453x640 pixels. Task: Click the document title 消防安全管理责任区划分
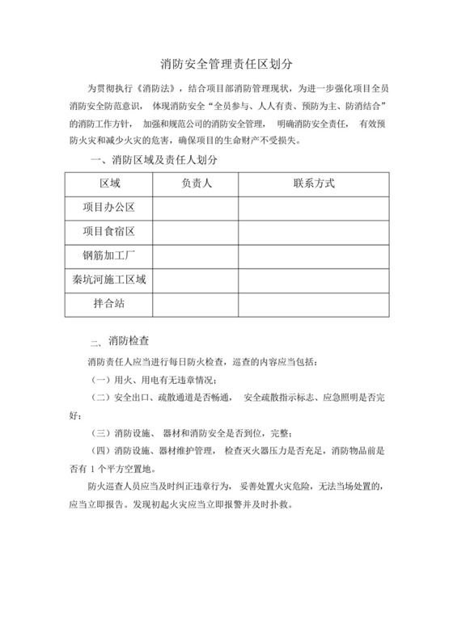[x=226, y=61]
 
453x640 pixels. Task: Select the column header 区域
[x=108, y=183]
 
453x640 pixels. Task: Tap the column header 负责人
[x=195, y=183]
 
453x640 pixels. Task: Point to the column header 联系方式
[x=313, y=183]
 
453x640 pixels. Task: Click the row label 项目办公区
[x=108, y=208]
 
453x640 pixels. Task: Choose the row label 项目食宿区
[x=108, y=232]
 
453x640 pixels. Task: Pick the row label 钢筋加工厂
[x=108, y=256]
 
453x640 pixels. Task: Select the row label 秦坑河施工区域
[x=108, y=280]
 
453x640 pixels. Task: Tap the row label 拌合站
[x=108, y=305]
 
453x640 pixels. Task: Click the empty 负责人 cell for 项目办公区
[x=195, y=208]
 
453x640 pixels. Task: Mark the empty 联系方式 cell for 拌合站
[x=313, y=305]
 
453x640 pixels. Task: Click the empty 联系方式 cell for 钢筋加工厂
[x=313, y=256]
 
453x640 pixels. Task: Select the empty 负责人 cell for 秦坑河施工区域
[x=195, y=280]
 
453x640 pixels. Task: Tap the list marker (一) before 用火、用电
[x=99, y=379]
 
